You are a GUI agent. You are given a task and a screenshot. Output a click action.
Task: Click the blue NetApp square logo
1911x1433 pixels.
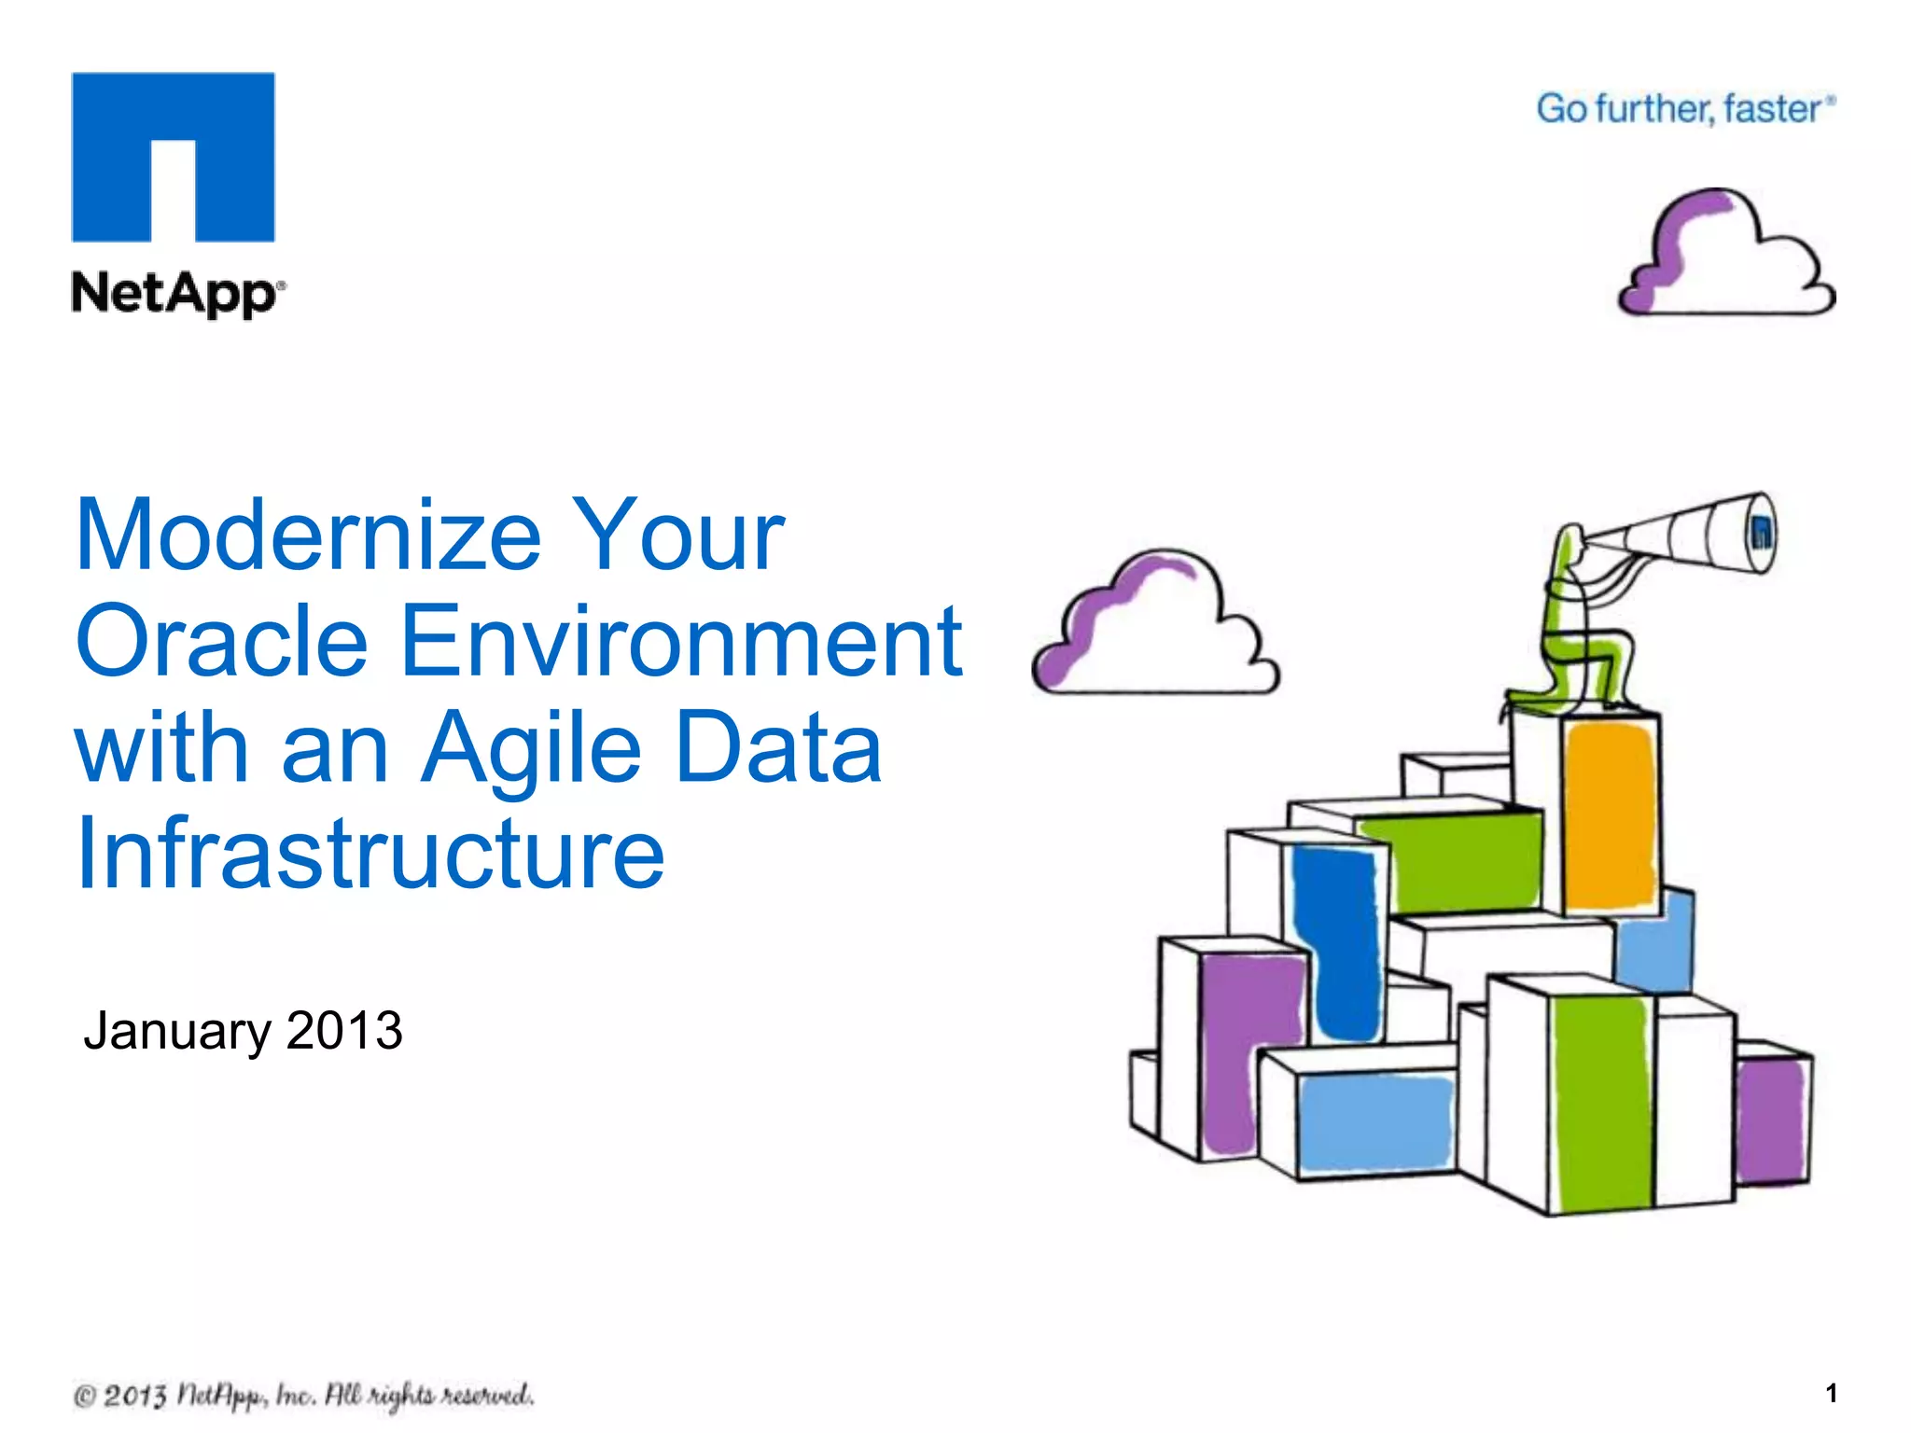coord(174,157)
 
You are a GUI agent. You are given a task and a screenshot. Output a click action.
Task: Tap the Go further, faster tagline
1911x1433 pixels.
coord(1684,109)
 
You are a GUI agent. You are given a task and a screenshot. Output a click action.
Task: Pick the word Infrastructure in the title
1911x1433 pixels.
coord(370,854)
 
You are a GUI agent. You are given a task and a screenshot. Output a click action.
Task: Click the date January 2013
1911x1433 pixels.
coord(243,1031)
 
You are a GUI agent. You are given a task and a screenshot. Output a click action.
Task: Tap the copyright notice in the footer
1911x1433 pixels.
coord(303,1396)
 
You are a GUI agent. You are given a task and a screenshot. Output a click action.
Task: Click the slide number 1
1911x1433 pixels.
coord(1831,1394)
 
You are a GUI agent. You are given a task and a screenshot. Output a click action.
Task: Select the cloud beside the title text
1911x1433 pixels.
coord(1155,625)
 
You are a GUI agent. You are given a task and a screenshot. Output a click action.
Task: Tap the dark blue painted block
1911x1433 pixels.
coord(1336,942)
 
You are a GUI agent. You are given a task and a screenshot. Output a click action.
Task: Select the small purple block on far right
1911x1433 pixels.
coord(1770,1120)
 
